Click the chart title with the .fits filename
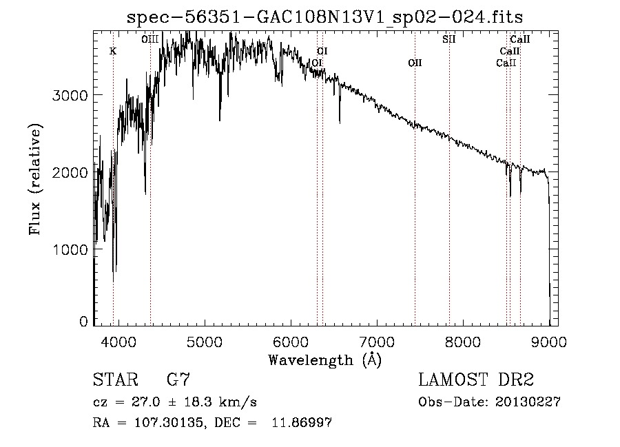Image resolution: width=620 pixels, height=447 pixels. (x=324, y=17)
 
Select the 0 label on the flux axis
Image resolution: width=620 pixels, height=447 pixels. (x=83, y=321)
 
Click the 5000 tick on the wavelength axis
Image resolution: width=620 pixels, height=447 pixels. (x=205, y=342)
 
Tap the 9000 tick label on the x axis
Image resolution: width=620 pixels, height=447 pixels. (x=549, y=342)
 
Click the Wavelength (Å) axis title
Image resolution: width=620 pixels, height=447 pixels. (x=325, y=360)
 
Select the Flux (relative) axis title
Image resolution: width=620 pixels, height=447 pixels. (x=35, y=179)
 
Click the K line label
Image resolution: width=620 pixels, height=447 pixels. (x=113, y=52)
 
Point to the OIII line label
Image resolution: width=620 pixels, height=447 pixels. (x=150, y=39)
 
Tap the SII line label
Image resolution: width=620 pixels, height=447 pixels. (x=448, y=39)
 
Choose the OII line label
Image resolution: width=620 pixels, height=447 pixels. (x=415, y=63)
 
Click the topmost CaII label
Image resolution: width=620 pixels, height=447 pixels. (x=520, y=39)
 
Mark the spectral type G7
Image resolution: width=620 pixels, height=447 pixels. (x=178, y=380)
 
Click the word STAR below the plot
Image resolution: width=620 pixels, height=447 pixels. (x=116, y=380)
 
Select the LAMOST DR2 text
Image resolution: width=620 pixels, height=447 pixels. (x=476, y=380)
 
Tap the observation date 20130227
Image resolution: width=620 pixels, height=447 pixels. (x=528, y=402)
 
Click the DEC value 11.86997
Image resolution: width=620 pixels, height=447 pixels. (x=302, y=422)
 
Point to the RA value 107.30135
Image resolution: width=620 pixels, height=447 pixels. (x=169, y=423)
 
